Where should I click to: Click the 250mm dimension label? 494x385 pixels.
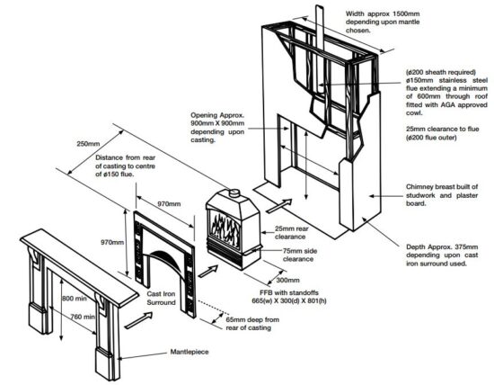pyautogui.click(x=88, y=144)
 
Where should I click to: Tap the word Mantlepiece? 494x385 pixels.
pyautogui.click(x=190, y=352)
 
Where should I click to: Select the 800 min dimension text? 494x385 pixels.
pyautogui.click(x=74, y=299)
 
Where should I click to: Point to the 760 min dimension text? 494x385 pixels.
pyautogui.click(x=83, y=317)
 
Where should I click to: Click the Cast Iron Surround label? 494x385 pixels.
pyautogui.click(x=161, y=299)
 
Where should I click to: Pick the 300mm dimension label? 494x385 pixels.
pyautogui.click(x=288, y=280)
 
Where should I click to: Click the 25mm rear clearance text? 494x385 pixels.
pyautogui.click(x=291, y=233)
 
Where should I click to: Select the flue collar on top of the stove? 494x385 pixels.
pyautogui.click(x=234, y=192)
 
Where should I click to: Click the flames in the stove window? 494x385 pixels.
pyautogui.click(x=225, y=226)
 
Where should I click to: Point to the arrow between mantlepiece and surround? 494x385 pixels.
pyautogui.click(x=138, y=320)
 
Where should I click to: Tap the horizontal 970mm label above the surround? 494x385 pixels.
pyautogui.click(x=169, y=204)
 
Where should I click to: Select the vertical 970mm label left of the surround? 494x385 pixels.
pyautogui.click(x=112, y=242)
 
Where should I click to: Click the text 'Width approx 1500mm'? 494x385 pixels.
pyautogui.click(x=383, y=13)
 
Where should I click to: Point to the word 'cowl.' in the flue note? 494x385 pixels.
pyautogui.click(x=414, y=112)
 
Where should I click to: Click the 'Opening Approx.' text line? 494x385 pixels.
pyautogui.click(x=217, y=115)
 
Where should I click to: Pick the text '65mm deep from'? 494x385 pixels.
pyautogui.click(x=252, y=319)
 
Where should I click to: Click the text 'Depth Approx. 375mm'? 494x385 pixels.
pyautogui.click(x=442, y=246)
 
